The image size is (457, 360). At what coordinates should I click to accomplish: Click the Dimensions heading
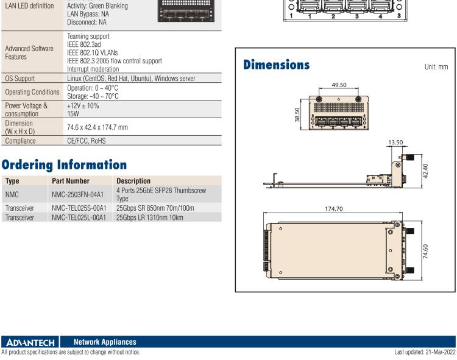pyautogui.click(x=276, y=65)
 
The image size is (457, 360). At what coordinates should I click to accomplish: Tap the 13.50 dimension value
pyautogui.click(x=396, y=143)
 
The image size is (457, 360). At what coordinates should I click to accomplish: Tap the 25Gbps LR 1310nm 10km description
pyautogui.click(x=149, y=217)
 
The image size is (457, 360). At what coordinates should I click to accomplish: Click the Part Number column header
pyautogui.click(x=71, y=181)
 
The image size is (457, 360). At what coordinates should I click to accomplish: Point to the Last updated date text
pyautogui.click(x=424, y=352)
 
